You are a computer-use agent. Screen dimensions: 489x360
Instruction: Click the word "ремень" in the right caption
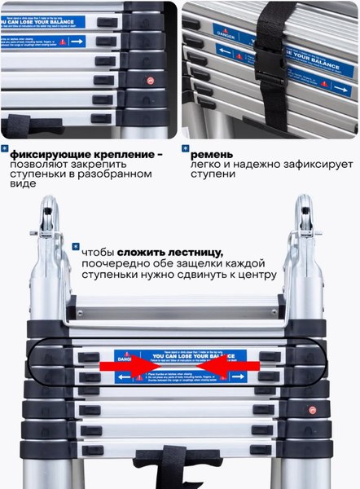tap(214, 155)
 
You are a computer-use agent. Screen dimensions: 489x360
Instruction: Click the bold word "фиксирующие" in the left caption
tap(51, 154)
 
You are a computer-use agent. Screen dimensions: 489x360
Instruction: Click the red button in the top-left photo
tap(151, 81)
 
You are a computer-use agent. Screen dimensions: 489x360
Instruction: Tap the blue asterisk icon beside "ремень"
tap(185, 149)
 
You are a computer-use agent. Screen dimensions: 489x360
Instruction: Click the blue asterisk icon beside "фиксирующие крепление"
tap(6, 149)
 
